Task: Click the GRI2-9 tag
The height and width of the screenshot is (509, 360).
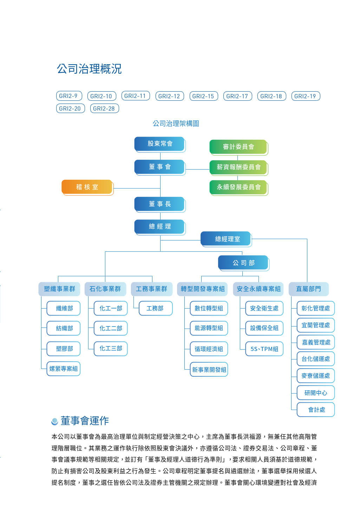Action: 69,96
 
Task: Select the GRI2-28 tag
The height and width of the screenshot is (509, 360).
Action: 104,108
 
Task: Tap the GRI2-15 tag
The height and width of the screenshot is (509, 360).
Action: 203,96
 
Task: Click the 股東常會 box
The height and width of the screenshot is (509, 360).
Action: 160,144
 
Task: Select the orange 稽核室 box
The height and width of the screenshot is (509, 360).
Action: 87,187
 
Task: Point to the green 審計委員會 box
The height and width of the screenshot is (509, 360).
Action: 238,147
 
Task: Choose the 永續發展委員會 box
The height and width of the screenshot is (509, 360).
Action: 238,187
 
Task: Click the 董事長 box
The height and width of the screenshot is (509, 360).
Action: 160,204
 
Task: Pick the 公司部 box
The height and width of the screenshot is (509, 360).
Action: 243,263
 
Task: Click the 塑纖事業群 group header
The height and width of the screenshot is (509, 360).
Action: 59,289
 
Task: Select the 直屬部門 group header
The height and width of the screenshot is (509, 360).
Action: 308,289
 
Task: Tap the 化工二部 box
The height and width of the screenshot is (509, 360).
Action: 110,328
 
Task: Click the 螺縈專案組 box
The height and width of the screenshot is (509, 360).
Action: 64,369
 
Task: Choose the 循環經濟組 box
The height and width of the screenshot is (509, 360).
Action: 209,349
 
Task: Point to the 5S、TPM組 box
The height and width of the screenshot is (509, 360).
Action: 264,349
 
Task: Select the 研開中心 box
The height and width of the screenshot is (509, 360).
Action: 315,393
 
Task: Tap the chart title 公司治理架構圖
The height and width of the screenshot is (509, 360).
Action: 176,124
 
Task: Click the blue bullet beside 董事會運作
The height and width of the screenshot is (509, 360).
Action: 54,421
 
